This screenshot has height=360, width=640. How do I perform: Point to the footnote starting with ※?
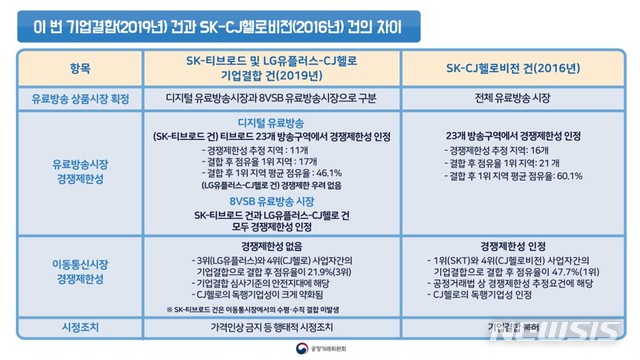click(264, 309)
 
